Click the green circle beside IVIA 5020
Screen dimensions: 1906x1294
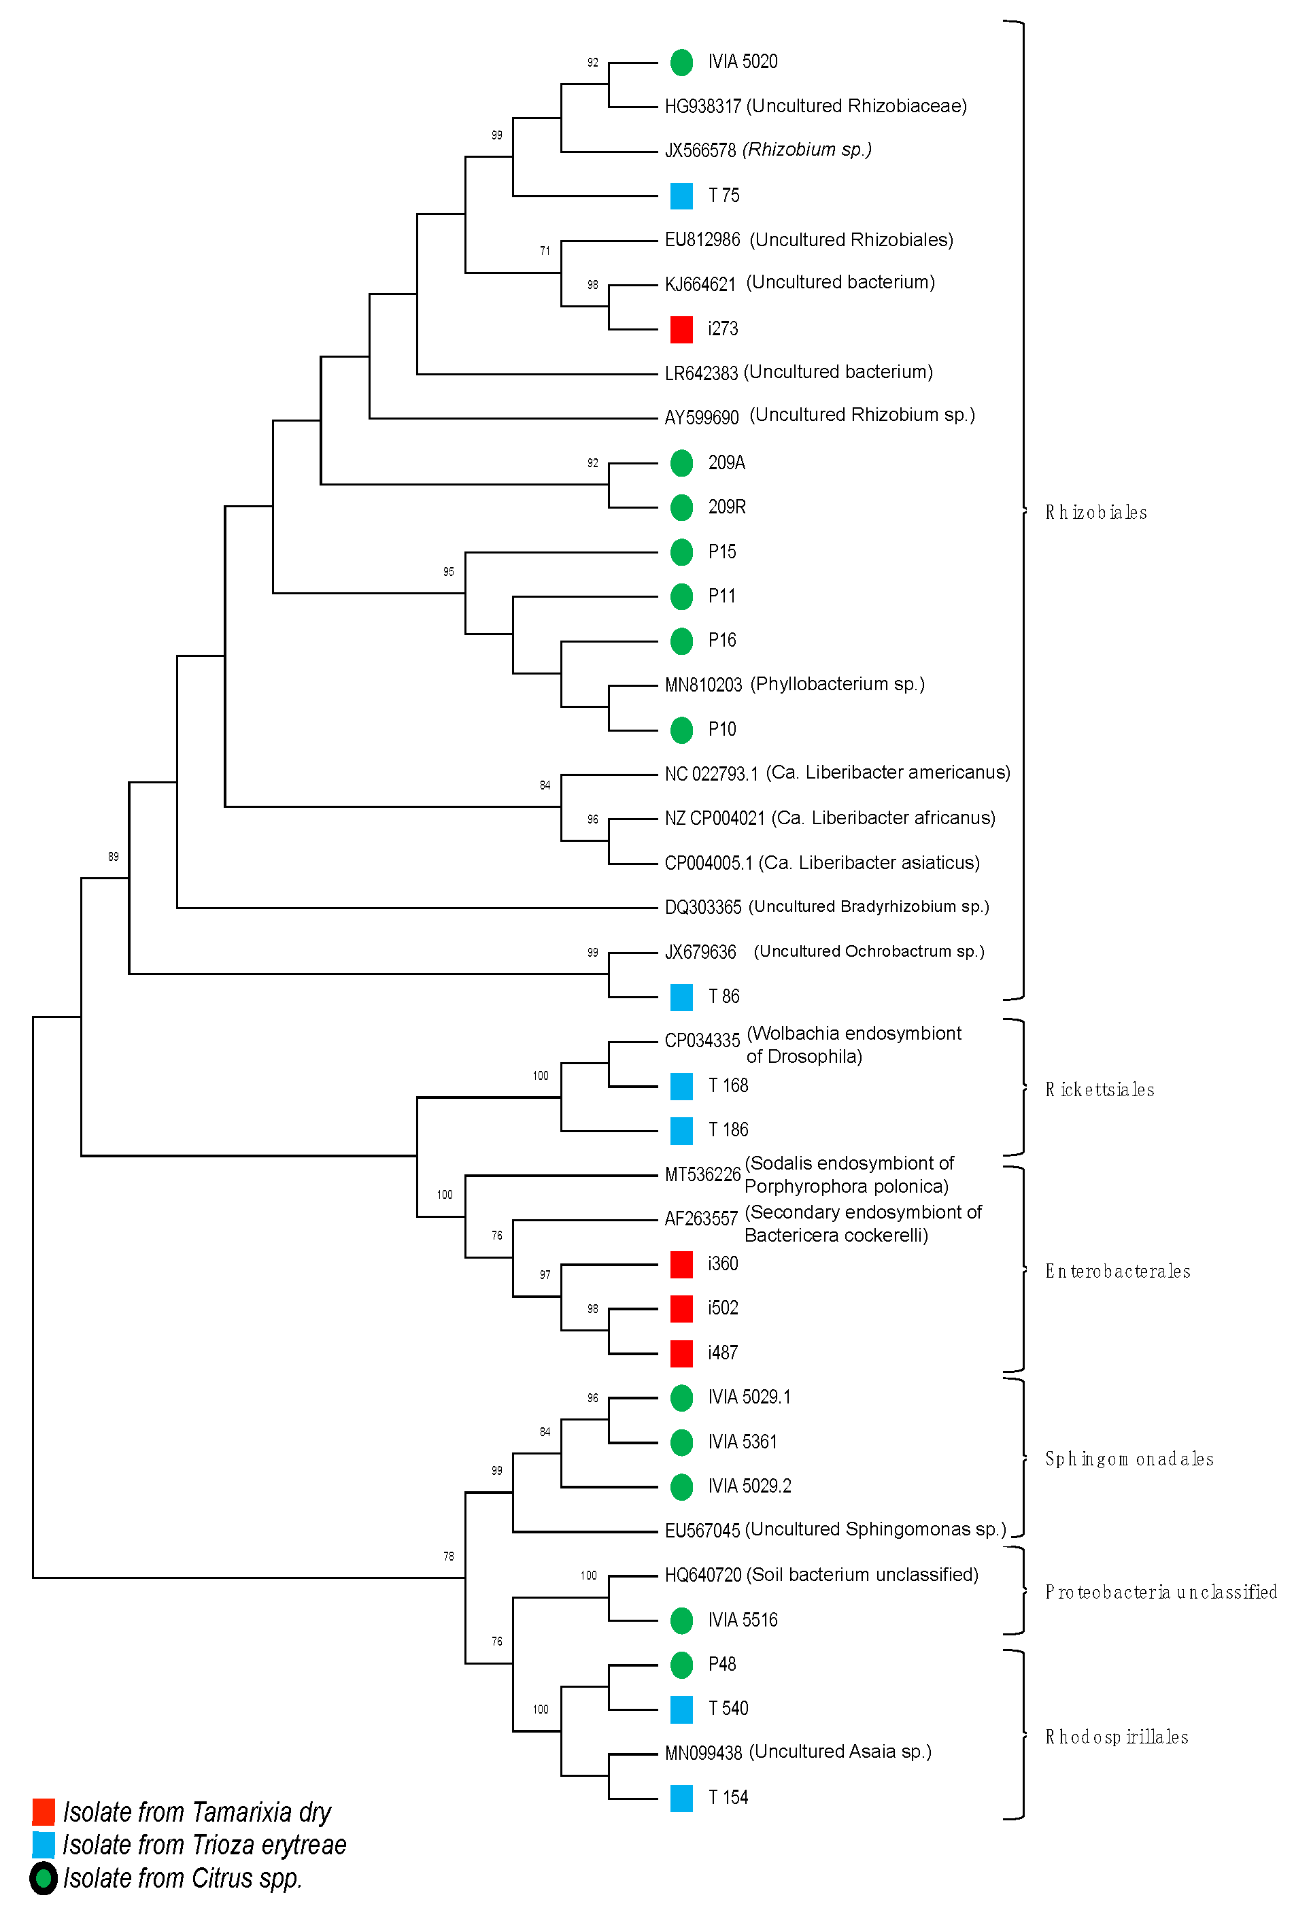681,63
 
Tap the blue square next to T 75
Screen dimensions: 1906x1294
681,195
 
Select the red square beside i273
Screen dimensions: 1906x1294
681,329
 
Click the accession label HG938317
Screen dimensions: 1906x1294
703,107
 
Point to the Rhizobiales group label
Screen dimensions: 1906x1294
1095,513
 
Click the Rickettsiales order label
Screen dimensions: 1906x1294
1099,1090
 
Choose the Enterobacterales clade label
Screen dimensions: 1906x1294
1117,1272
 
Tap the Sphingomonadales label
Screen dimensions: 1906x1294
1128,1459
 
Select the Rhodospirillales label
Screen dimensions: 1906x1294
1116,1737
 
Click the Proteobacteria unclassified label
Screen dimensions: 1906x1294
1160,1593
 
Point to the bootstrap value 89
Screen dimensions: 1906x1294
113,857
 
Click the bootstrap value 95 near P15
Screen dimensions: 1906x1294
447,572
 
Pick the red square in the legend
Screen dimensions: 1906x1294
44,1811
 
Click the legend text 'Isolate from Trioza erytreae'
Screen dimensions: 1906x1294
204,1845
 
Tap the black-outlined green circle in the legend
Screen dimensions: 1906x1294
44,1879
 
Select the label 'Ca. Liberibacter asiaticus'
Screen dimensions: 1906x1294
868,863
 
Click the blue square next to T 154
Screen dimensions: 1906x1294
681,1799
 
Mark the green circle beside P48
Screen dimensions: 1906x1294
681,1665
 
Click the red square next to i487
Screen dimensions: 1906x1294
681,1353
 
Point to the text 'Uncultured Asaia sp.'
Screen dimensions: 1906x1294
840,1752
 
